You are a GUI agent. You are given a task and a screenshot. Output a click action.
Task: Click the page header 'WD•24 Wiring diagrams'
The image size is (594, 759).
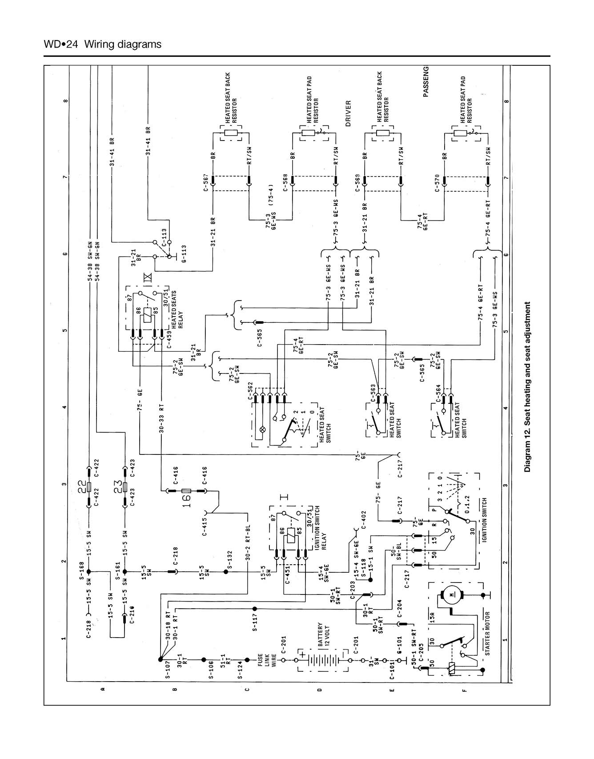(x=102, y=44)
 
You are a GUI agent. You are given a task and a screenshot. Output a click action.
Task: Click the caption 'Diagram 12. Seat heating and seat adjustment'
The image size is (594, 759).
(x=527, y=387)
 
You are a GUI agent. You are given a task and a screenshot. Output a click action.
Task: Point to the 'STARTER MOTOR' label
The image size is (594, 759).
(x=487, y=633)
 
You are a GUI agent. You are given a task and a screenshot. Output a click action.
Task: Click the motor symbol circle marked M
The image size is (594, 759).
(x=452, y=594)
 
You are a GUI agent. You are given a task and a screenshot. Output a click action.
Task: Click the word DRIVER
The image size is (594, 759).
(x=348, y=113)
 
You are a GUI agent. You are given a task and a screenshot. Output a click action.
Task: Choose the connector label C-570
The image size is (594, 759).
(x=437, y=182)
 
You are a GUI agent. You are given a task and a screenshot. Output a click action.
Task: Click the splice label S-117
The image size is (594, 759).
(x=255, y=623)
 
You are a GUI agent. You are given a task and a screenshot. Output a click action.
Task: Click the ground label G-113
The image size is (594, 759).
(x=184, y=253)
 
